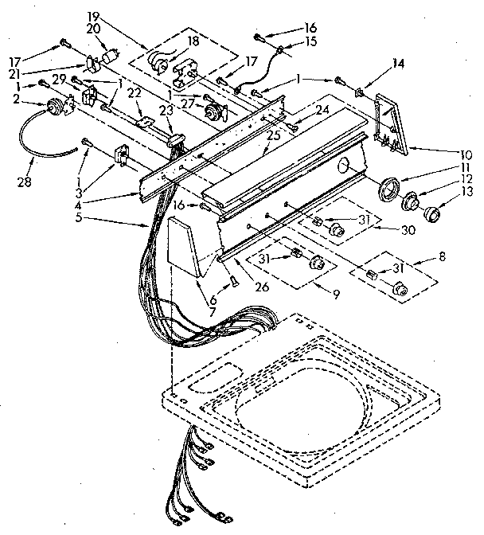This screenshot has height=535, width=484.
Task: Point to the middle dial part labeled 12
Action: [413, 203]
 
